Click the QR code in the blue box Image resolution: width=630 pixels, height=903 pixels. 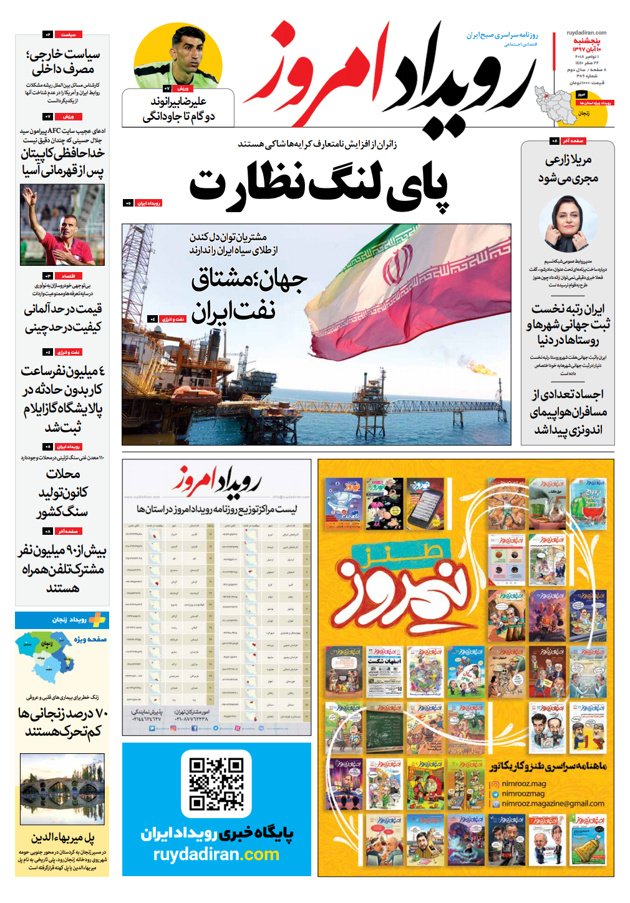tap(216, 783)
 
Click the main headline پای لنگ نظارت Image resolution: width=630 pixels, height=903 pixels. tap(318, 185)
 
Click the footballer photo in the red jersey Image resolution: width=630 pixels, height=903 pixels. tap(62, 225)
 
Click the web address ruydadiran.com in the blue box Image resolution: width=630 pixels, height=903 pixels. tap(216, 854)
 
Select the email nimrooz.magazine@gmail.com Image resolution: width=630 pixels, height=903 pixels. tap(553, 804)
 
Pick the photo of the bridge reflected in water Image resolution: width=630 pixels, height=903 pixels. tap(62, 789)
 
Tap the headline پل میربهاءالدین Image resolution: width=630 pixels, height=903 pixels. tap(62, 837)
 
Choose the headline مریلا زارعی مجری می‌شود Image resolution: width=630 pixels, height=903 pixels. tap(568, 169)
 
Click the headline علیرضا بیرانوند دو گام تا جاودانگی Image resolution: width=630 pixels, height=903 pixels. tap(179, 109)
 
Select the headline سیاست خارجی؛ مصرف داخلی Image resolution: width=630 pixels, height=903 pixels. tap(62, 61)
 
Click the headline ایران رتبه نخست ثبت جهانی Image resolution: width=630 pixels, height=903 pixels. tap(568, 324)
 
